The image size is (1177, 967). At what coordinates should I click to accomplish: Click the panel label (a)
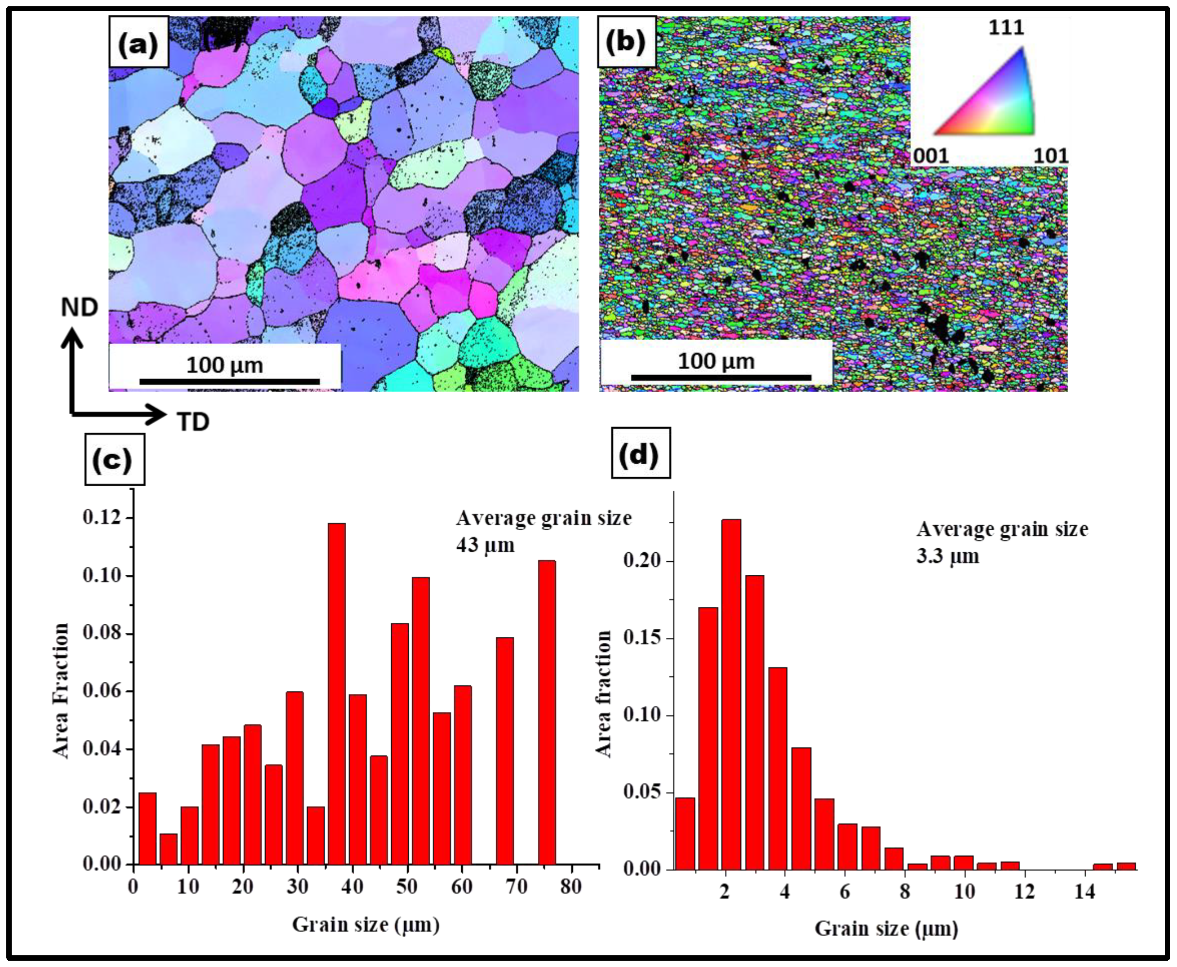pos(138,42)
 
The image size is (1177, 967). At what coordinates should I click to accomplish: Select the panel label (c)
pos(114,460)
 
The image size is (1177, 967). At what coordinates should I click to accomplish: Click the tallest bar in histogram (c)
pos(336,693)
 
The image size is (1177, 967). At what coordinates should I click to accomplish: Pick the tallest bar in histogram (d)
pos(731,694)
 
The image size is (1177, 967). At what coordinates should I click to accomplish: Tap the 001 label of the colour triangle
pos(930,156)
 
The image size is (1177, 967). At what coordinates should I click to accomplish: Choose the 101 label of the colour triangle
pos(1051,156)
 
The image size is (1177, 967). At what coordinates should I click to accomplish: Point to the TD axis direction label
pos(192,422)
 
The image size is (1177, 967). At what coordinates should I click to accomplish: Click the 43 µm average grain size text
pos(486,545)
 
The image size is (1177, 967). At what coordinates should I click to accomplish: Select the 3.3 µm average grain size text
pos(947,556)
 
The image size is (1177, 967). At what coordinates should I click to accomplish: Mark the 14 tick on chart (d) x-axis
pos(1084,892)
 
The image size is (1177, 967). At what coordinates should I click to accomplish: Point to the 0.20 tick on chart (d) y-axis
pos(642,560)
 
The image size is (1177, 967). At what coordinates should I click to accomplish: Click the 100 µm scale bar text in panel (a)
pos(224,365)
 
